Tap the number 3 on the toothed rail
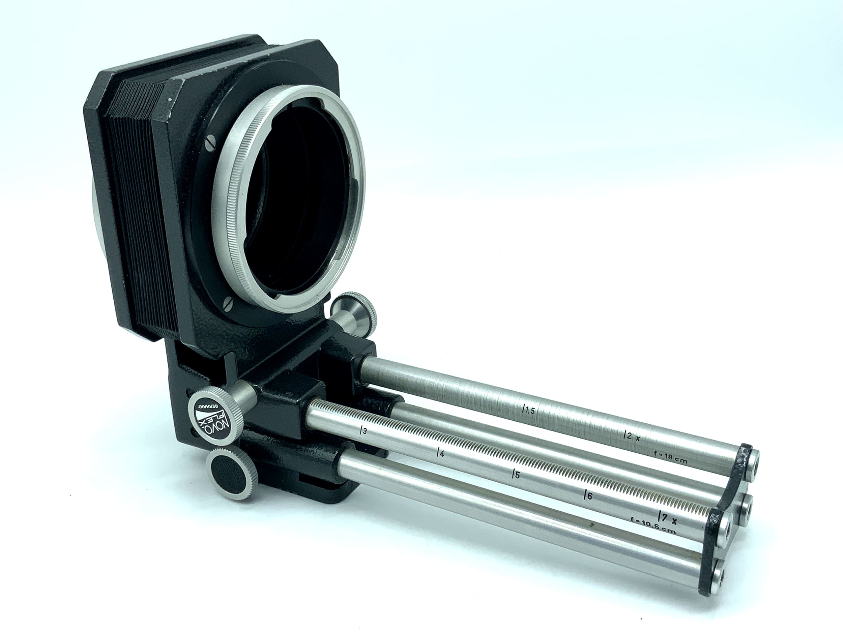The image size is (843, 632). click(363, 432)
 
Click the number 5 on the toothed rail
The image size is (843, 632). click(516, 475)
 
